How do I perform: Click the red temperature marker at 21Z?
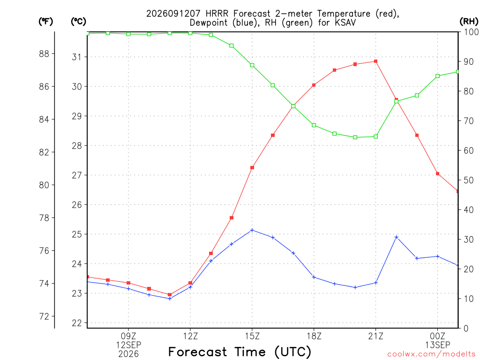(375, 61)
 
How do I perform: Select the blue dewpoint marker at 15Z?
(252, 230)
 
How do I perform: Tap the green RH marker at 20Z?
(355, 137)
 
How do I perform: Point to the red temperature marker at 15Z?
(252, 167)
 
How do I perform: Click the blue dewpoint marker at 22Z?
(397, 237)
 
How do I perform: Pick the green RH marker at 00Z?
(437, 76)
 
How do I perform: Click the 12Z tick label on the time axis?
(190, 336)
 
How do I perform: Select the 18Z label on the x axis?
(314, 336)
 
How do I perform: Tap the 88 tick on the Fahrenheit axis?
(45, 54)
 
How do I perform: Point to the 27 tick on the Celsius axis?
(77, 175)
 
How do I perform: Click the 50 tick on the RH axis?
(468, 180)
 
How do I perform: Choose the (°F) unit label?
(45, 22)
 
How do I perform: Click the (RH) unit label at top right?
(469, 22)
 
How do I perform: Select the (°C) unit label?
(78, 22)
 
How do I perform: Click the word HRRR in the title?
(217, 14)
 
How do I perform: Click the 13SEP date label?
(437, 345)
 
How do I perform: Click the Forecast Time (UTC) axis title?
(240, 352)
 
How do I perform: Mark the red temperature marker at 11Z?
(170, 294)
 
